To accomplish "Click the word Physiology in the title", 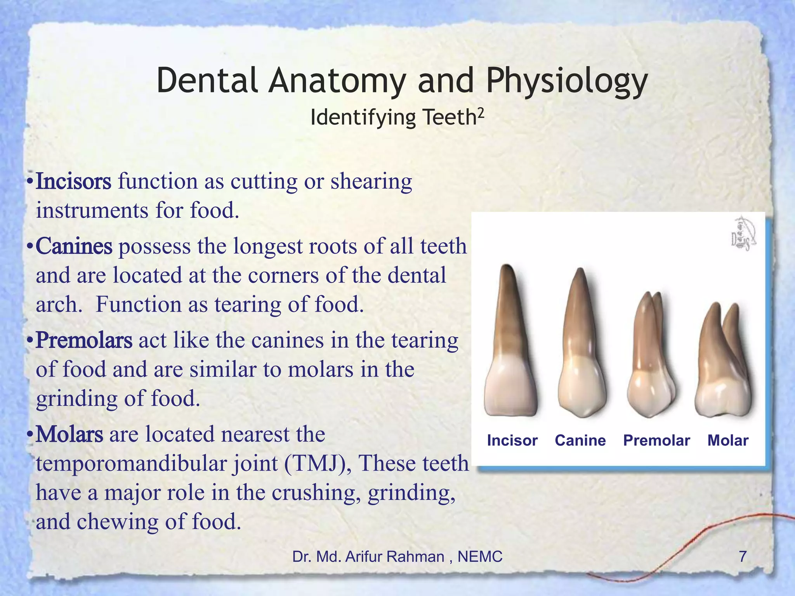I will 567,81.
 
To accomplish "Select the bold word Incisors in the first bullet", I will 73,182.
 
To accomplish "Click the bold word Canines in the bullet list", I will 74,246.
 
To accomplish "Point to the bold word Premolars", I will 84,340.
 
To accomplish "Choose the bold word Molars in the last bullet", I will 69,434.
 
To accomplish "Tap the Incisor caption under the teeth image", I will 512,440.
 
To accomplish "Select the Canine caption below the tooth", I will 580,440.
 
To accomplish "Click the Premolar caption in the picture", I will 656,440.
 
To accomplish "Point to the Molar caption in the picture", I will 728,440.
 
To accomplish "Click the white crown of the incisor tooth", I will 511,388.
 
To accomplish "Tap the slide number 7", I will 742,556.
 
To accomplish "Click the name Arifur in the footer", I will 363,557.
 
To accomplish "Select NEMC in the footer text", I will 480,557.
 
